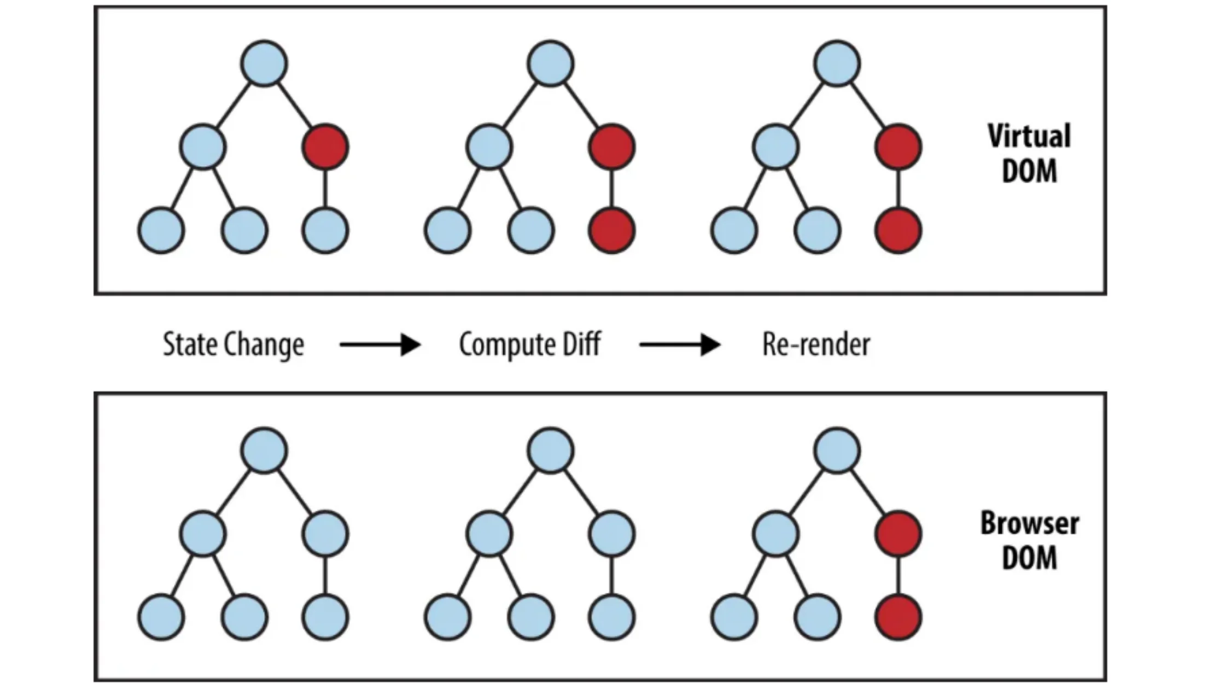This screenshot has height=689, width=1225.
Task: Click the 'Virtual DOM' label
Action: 1029,154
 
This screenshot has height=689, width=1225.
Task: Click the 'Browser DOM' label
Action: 1029,540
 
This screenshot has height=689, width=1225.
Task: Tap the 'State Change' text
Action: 234,345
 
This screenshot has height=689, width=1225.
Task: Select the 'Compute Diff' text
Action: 529,345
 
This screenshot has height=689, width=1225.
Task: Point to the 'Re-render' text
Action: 816,345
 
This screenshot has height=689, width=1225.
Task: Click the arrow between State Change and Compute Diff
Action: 380,345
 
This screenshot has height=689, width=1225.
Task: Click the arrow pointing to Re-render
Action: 680,345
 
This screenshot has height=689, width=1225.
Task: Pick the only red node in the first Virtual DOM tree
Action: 325,147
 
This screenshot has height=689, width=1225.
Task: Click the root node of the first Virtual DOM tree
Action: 264,63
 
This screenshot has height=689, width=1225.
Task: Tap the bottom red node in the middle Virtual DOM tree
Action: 612,230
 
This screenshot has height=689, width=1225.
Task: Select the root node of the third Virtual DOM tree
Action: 837,63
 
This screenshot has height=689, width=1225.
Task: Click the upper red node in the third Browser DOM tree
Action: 898,534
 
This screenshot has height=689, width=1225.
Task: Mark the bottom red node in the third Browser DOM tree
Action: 898,617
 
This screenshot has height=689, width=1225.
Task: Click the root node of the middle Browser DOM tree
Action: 551,451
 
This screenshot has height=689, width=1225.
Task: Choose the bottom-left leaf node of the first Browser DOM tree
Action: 161,617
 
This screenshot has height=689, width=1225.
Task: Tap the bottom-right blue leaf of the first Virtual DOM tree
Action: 325,230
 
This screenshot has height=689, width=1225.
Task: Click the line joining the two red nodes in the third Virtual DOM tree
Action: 898,188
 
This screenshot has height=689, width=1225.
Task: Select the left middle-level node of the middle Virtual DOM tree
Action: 489,147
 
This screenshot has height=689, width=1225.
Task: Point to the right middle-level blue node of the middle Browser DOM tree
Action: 612,534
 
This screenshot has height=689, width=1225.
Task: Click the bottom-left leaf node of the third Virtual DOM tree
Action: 734,230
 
